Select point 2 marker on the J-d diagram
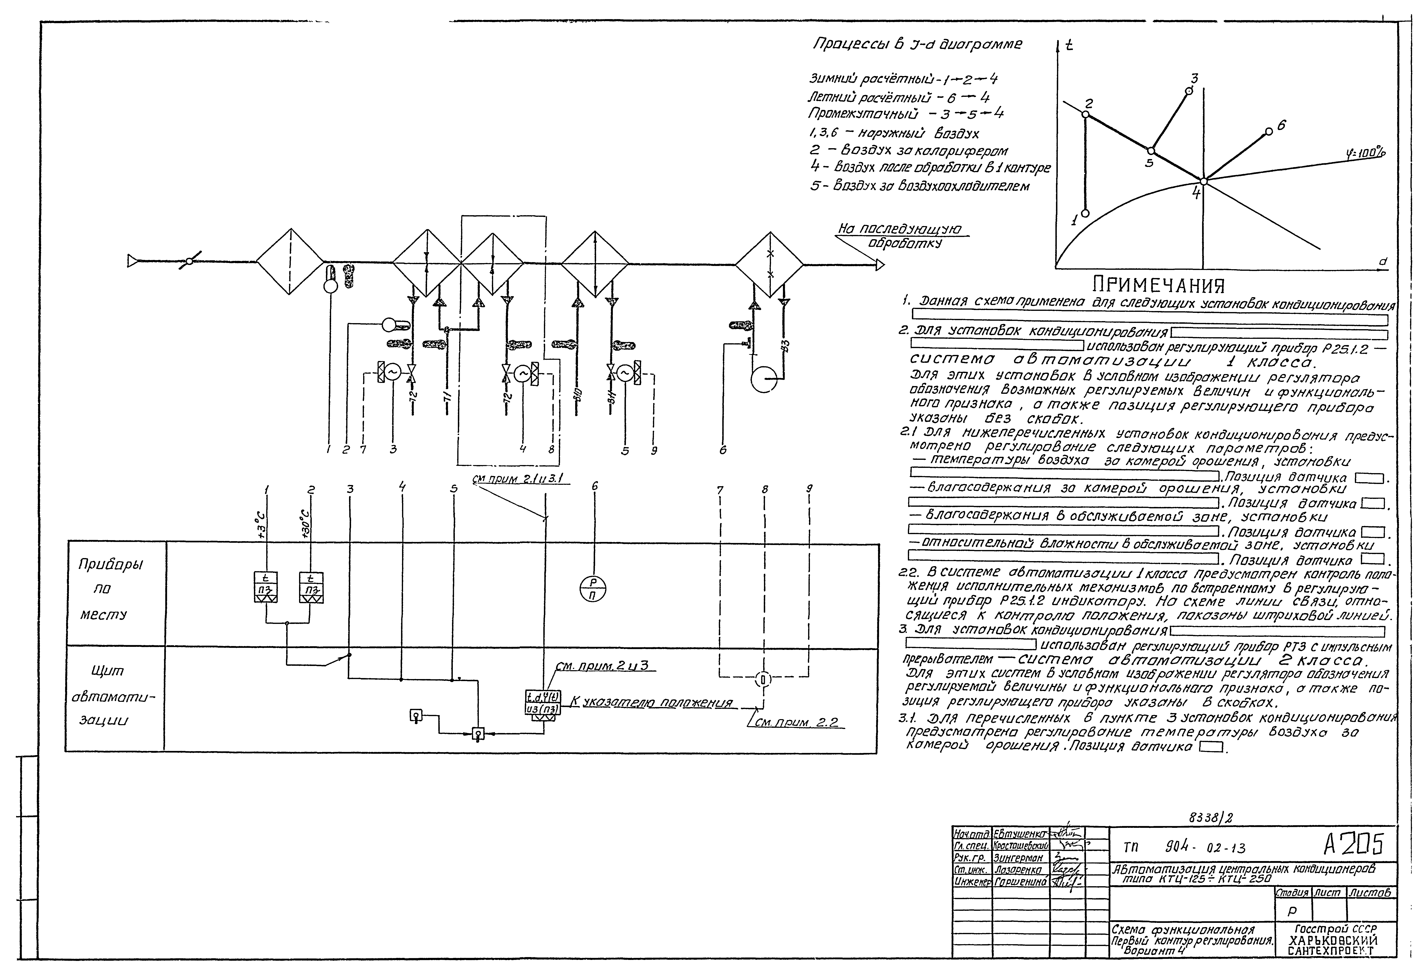(1085, 114)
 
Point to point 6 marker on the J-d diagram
(1269, 132)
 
